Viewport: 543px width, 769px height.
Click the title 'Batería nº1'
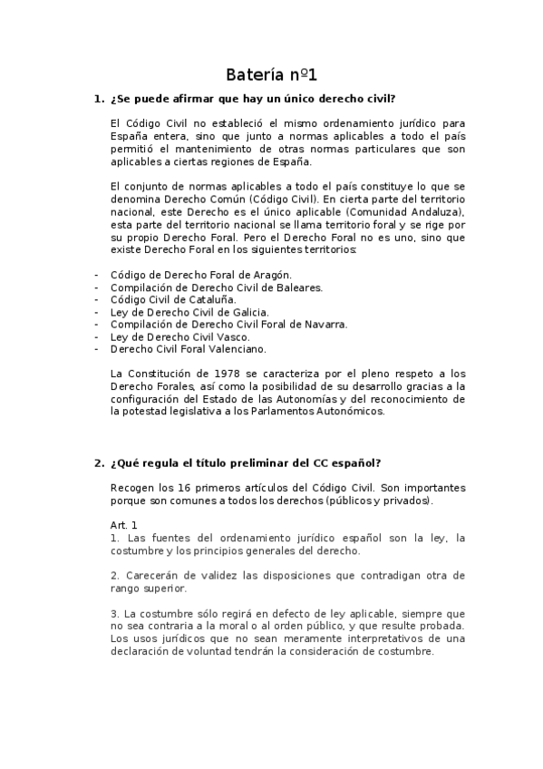pos(271,74)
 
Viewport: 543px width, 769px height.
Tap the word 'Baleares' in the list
pos(298,286)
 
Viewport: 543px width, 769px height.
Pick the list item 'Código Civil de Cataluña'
pos(172,298)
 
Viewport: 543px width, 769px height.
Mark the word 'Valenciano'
pos(236,349)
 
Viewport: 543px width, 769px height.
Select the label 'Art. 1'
pos(123,524)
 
